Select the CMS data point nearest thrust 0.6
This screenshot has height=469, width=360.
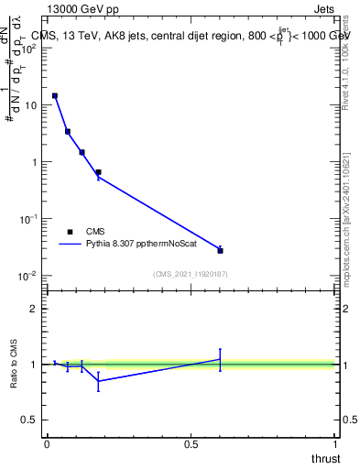point(220,250)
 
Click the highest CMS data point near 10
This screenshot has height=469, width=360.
point(55,95)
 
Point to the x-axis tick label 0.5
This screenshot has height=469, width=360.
point(191,444)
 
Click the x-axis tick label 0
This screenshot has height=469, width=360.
point(47,444)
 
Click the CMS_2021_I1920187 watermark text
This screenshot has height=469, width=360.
point(190,273)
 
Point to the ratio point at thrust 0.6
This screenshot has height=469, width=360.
point(220,359)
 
